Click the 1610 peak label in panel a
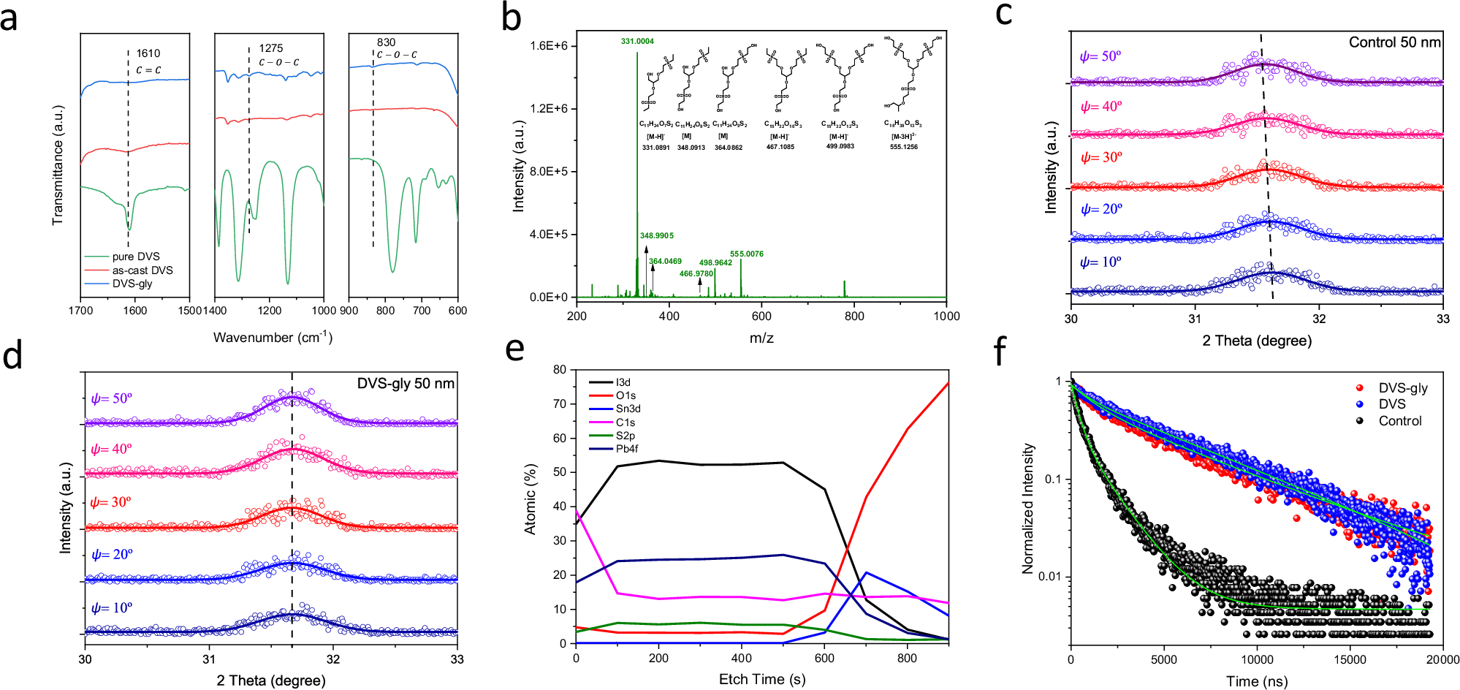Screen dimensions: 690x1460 pos(148,53)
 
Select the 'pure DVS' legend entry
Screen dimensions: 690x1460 pos(135,257)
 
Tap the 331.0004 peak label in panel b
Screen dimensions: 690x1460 pos(637,41)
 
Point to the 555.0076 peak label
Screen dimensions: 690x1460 pos(746,254)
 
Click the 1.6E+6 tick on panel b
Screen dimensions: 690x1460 pos(549,46)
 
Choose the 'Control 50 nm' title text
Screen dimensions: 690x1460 pos(1394,42)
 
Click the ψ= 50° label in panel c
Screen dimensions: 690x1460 pos(1100,56)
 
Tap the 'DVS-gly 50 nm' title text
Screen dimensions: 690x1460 pos(406,384)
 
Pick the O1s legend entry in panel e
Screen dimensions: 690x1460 pos(626,395)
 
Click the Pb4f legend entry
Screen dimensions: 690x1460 pos(626,449)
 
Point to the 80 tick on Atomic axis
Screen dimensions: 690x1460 pos(560,370)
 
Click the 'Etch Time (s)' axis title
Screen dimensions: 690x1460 pos(761,679)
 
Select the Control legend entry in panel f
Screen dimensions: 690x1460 pos(1399,421)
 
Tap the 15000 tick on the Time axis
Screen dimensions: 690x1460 pos(1350,659)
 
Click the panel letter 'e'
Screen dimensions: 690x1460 pos(515,349)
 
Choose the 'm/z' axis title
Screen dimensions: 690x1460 pos(761,338)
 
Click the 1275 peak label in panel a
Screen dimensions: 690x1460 pos(270,48)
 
